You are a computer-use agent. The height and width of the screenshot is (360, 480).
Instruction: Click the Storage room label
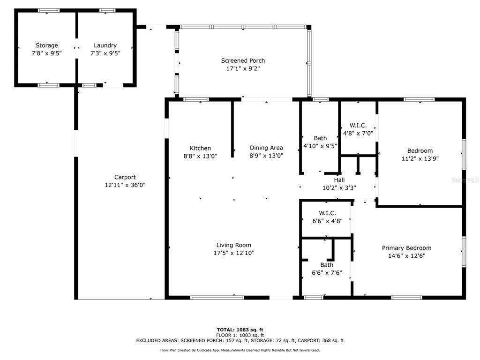tap(47, 45)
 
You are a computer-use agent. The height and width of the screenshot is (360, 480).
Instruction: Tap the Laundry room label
tap(105, 45)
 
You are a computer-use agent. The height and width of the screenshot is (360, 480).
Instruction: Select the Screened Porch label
tap(243, 60)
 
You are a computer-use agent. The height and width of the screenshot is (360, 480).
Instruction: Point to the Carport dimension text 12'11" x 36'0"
tap(125, 185)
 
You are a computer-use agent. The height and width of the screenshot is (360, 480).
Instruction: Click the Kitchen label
tap(200, 148)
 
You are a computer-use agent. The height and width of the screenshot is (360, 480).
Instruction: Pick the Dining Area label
tap(266, 148)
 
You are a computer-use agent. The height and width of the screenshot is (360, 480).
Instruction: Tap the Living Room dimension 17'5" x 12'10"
tap(234, 253)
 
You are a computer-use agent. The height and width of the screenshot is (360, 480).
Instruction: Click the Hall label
tap(339, 180)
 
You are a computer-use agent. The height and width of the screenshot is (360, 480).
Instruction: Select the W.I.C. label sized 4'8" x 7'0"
tap(358, 126)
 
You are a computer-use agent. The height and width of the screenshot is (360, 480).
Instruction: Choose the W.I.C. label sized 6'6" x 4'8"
tap(327, 213)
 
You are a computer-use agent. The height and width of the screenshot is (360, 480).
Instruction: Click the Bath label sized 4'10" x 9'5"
tap(320, 138)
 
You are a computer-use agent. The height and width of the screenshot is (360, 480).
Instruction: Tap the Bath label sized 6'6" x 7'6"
tap(327, 265)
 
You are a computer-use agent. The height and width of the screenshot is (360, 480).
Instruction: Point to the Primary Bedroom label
tap(406, 248)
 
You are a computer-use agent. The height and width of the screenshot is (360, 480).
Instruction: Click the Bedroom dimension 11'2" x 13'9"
tap(420, 158)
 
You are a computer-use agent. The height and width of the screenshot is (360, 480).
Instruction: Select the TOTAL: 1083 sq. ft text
tap(240, 330)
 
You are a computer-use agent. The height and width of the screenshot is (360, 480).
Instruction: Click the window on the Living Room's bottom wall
tap(217, 298)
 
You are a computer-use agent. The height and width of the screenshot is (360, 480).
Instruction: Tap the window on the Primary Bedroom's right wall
tap(464, 251)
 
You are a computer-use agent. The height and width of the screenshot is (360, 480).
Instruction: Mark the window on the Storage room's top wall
tap(49, 10)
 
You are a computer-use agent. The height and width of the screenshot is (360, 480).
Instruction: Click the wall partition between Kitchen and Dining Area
tap(232, 129)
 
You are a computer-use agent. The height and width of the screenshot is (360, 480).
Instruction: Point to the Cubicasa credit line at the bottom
tap(240, 350)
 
